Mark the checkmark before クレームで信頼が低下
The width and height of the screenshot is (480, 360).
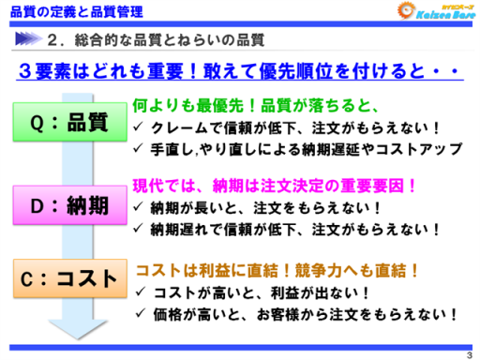click(x=140, y=127)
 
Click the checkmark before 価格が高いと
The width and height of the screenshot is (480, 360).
click(x=140, y=314)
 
